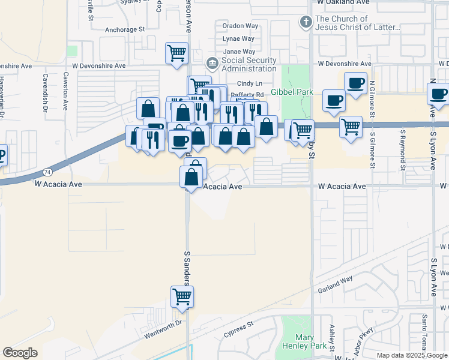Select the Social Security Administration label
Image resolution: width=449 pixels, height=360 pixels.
(249, 64)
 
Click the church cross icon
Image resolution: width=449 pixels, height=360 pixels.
(306, 23)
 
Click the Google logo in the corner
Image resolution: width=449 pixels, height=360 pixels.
(20, 353)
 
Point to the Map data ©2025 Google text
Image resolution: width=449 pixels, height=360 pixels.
(412, 355)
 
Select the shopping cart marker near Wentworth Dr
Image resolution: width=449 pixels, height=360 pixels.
(182, 297)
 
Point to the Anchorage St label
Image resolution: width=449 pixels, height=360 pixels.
(125, 29)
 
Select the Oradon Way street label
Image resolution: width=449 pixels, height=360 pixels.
(240, 26)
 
